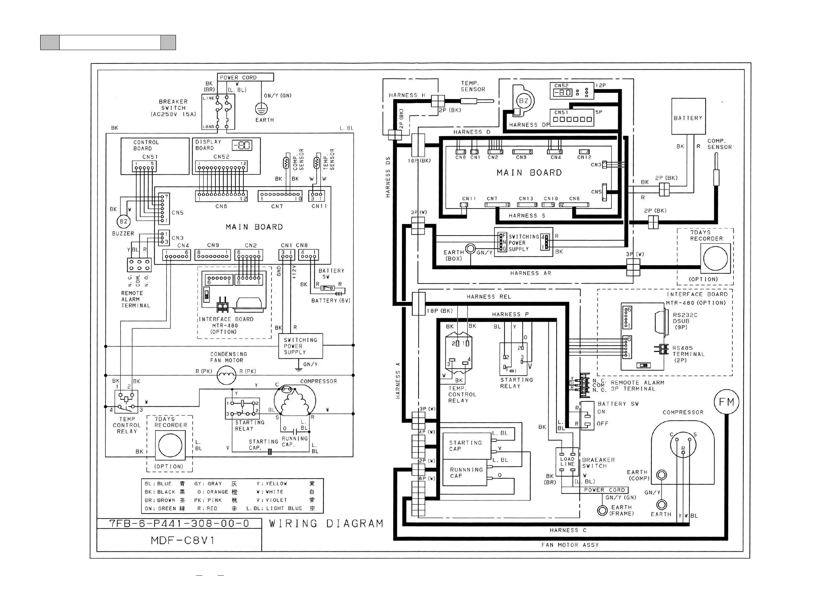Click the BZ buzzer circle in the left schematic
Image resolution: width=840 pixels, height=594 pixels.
[x=123, y=222]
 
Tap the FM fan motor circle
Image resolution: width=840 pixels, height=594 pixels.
[x=726, y=402]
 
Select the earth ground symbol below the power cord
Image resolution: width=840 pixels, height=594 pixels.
[x=261, y=109]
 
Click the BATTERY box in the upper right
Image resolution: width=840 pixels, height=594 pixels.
[x=688, y=116]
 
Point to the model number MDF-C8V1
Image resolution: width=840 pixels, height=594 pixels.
[x=182, y=540]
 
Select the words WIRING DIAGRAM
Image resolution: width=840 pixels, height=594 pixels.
[x=326, y=524]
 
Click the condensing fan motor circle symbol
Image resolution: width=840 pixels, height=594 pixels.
[x=226, y=376]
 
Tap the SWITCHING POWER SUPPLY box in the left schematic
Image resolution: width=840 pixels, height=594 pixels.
[x=300, y=346]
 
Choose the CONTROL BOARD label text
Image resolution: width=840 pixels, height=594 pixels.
[x=146, y=145]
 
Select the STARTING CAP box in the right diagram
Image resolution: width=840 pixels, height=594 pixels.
[x=467, y=446]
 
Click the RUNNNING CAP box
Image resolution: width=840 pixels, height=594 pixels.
[x=465, y=473]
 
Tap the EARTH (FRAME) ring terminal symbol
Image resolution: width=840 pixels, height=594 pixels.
[x=602, y=510]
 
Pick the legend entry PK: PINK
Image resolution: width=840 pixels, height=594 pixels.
[x=208, y=500]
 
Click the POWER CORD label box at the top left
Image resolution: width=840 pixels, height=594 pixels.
[x=245, y=77]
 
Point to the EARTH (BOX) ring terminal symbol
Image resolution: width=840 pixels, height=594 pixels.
[x=470, y=249]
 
